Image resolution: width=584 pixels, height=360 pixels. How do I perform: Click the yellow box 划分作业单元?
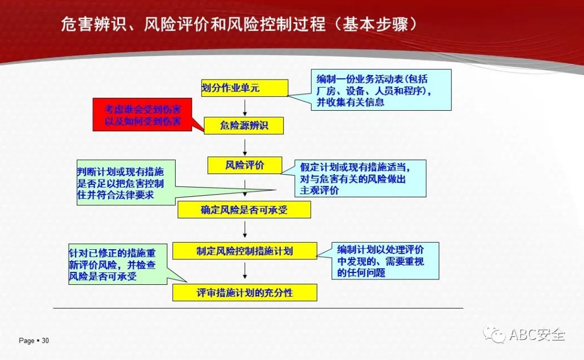point(244,88)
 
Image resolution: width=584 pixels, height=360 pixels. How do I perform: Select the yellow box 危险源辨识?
point(243,125)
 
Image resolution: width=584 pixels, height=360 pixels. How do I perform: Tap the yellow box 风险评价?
point(245,165)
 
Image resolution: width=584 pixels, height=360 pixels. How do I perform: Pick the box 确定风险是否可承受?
point(244,210)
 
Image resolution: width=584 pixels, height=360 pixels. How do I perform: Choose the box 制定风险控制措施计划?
point(245,251)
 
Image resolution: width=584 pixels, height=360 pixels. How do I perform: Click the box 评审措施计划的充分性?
point(245,292)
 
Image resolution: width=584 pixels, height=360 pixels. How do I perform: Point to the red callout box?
point(142,115)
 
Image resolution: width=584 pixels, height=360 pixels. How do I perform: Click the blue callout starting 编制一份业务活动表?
point(381,90)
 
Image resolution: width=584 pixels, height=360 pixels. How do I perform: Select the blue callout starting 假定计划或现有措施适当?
point(360,178)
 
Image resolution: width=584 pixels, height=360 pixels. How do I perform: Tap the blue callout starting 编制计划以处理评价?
point(385,261)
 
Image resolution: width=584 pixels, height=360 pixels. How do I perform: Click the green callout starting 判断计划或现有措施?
point(126,182)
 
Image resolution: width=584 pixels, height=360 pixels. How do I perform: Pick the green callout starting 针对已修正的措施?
point(118,264)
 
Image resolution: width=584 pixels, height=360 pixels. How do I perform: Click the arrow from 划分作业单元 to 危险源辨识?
point(245,107)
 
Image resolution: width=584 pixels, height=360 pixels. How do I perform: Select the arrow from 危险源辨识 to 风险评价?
point(245,148)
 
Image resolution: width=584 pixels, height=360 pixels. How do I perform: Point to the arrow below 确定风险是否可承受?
point(245,229)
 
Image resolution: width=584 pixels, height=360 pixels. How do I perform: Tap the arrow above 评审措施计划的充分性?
point(245,271)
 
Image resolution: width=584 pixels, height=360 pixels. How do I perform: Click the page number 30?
point(45,340)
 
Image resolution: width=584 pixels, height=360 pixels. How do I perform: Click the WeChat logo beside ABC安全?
point(494,334)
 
